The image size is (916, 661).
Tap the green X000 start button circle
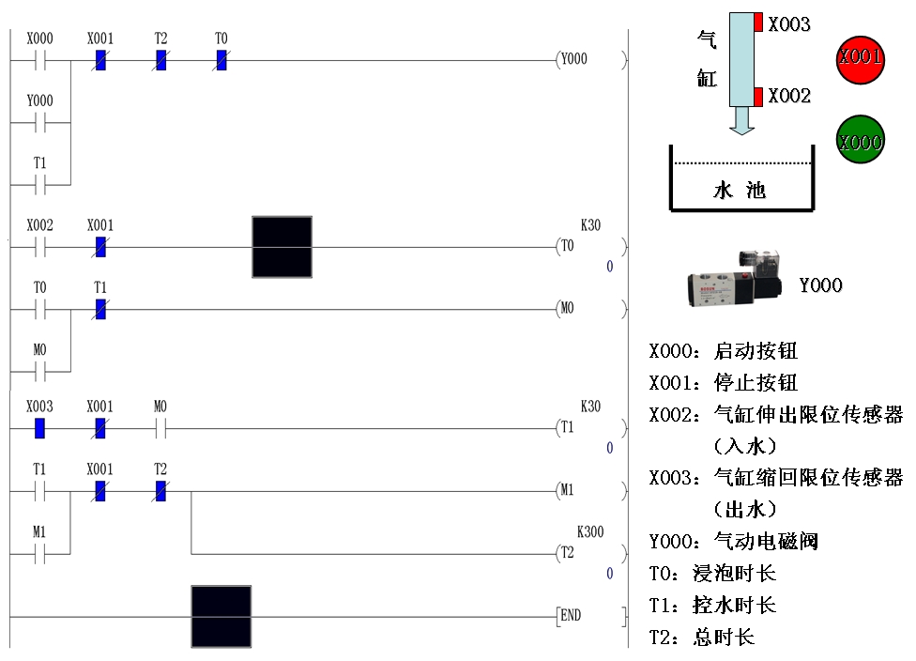860,142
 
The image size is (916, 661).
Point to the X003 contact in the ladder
40,428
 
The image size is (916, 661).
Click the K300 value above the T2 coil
590,531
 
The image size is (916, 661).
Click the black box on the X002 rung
282,247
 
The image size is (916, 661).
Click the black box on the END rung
221,616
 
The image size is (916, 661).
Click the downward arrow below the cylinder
741,120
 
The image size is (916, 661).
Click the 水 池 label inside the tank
740,191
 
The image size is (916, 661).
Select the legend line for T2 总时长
702,638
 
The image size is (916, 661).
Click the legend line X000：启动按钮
724,351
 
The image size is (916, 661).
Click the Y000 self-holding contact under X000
40,122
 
